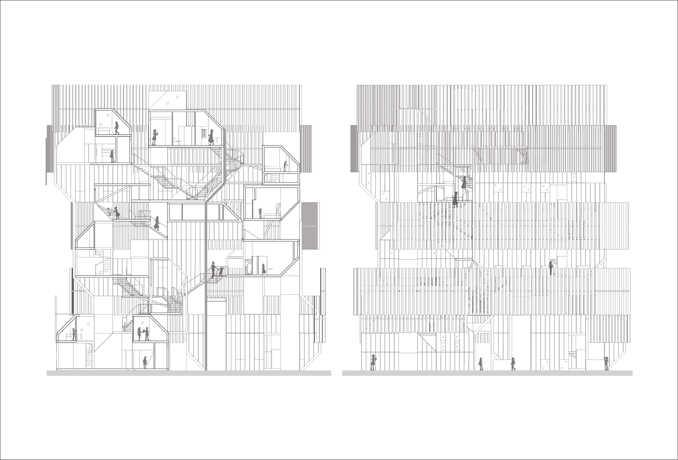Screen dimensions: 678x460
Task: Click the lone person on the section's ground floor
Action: coord(144,362)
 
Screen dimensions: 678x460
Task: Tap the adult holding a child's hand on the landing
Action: coord(213,269)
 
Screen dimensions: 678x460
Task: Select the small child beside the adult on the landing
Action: coord(221,272)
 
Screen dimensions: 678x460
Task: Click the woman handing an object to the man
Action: coord(139,334)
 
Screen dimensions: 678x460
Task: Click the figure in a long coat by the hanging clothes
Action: coord(211,137)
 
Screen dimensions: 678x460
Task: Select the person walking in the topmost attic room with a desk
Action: coord(117,128)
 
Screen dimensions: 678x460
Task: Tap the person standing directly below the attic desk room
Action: coord(112,156)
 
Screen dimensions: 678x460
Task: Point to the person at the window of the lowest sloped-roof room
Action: coord(74,334)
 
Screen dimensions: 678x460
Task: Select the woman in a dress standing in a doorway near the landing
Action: coord(263,269)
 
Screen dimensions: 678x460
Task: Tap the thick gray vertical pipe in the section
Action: coord(206,283)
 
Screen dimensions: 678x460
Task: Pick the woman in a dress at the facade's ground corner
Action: coord(373,362)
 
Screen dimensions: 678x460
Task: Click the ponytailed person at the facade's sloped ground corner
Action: coord(607,363)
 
